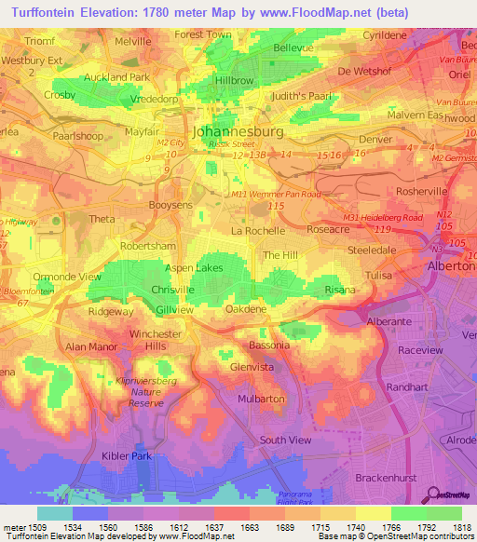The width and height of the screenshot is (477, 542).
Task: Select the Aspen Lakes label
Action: (194, 267)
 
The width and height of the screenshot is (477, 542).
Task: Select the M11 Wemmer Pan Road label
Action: (275, 194)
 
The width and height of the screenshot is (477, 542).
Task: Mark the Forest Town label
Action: (202, 34)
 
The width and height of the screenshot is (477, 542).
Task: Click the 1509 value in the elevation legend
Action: (27, 526)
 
